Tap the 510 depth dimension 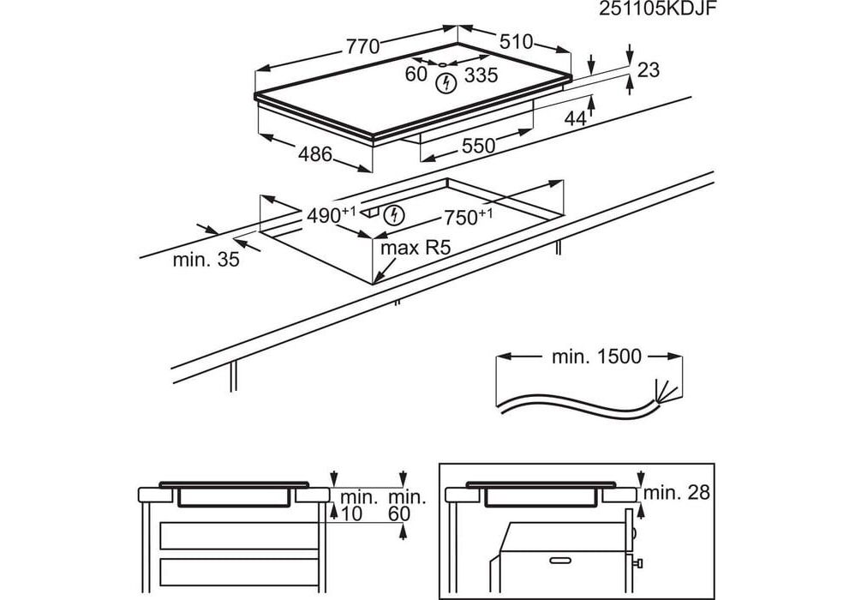(516, 41)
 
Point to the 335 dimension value (481, 76)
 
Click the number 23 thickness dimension (649, 70)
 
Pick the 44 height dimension (575, 119)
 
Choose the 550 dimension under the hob (478, 147)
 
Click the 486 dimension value (314, 154)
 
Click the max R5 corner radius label (416, 249)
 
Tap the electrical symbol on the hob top (445, 83)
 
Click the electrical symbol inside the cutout (394, 214)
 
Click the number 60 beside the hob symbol (416, 75)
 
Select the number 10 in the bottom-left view (351, 513)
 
